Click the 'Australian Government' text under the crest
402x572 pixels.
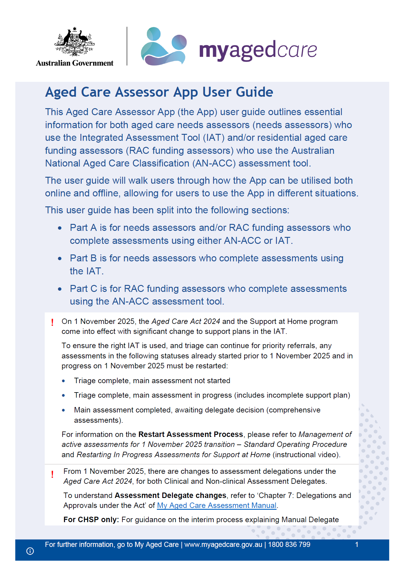[75, 63]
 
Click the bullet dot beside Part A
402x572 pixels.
[60, 228]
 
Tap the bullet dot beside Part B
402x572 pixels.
[60, 259]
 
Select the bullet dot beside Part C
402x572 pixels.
[60, 289]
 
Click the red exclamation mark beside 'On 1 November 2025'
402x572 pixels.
[52, 322]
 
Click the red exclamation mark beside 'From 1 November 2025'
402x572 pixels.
[52, 474]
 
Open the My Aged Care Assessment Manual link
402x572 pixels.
[217, 506]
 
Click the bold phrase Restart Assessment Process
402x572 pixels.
[191, 435]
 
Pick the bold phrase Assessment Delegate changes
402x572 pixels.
[170, 496]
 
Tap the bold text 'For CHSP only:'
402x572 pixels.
[91, 520]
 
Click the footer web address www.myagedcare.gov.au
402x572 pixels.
[223, 545]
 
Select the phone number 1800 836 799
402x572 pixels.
[289, 545]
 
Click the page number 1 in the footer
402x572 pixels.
[357, 545]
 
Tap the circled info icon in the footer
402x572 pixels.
[30, 551]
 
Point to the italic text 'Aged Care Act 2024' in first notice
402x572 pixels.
[186, 322]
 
